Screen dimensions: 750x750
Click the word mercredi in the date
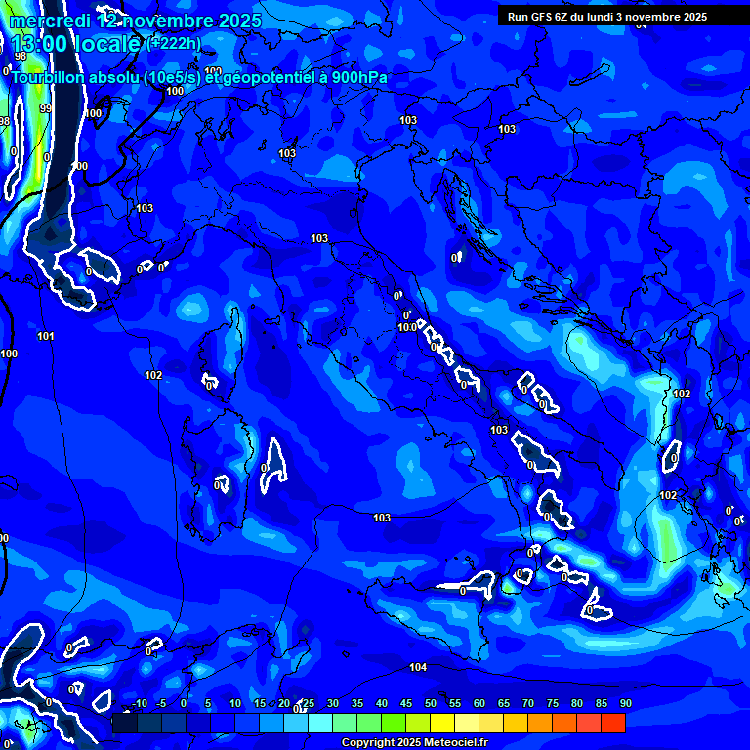48,21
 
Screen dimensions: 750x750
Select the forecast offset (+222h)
174,44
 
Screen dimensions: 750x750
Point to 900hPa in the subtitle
355,78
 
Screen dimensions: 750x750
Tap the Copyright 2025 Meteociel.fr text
414,743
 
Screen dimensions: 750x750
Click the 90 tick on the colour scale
625,703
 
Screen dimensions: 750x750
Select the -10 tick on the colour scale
139,703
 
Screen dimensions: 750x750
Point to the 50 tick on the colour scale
431,703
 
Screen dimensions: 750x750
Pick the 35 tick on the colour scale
357,703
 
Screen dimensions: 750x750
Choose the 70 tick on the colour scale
528,703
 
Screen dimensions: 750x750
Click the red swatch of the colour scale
612,723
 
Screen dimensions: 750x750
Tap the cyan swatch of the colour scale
320,723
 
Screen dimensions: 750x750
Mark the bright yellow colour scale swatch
442,723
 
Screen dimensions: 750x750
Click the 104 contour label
418,668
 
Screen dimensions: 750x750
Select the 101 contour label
46,337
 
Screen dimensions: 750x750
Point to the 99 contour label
45,109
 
